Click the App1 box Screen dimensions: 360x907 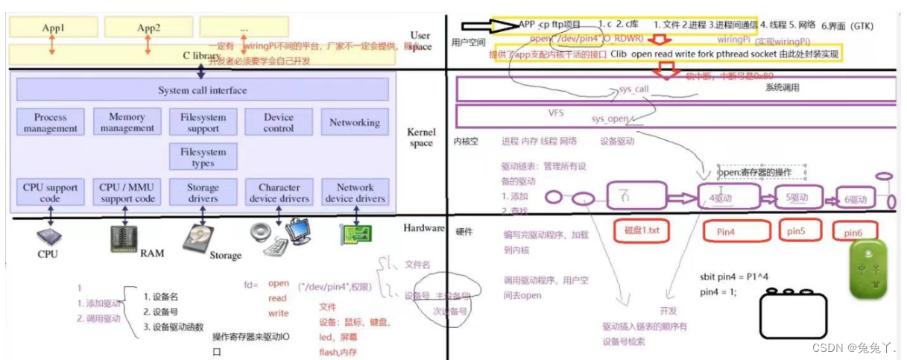coord(53,28)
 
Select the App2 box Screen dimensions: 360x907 coord(148,28)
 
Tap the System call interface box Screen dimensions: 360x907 coord(202,90)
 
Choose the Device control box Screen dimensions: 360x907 coord(279,123)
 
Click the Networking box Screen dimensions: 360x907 coord(355,122)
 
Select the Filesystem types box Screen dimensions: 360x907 coord(203,157)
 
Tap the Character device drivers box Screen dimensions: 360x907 coord(279,193)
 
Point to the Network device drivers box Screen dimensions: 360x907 coord(355,193)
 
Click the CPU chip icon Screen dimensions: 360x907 coord(49,238)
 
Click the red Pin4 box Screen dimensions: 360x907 coord(736,232)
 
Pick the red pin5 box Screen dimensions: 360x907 coord(796,231)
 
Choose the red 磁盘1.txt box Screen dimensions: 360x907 coord(642,231)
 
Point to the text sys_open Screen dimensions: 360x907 coord(609,119)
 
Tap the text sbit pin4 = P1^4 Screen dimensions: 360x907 coord(734,277)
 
